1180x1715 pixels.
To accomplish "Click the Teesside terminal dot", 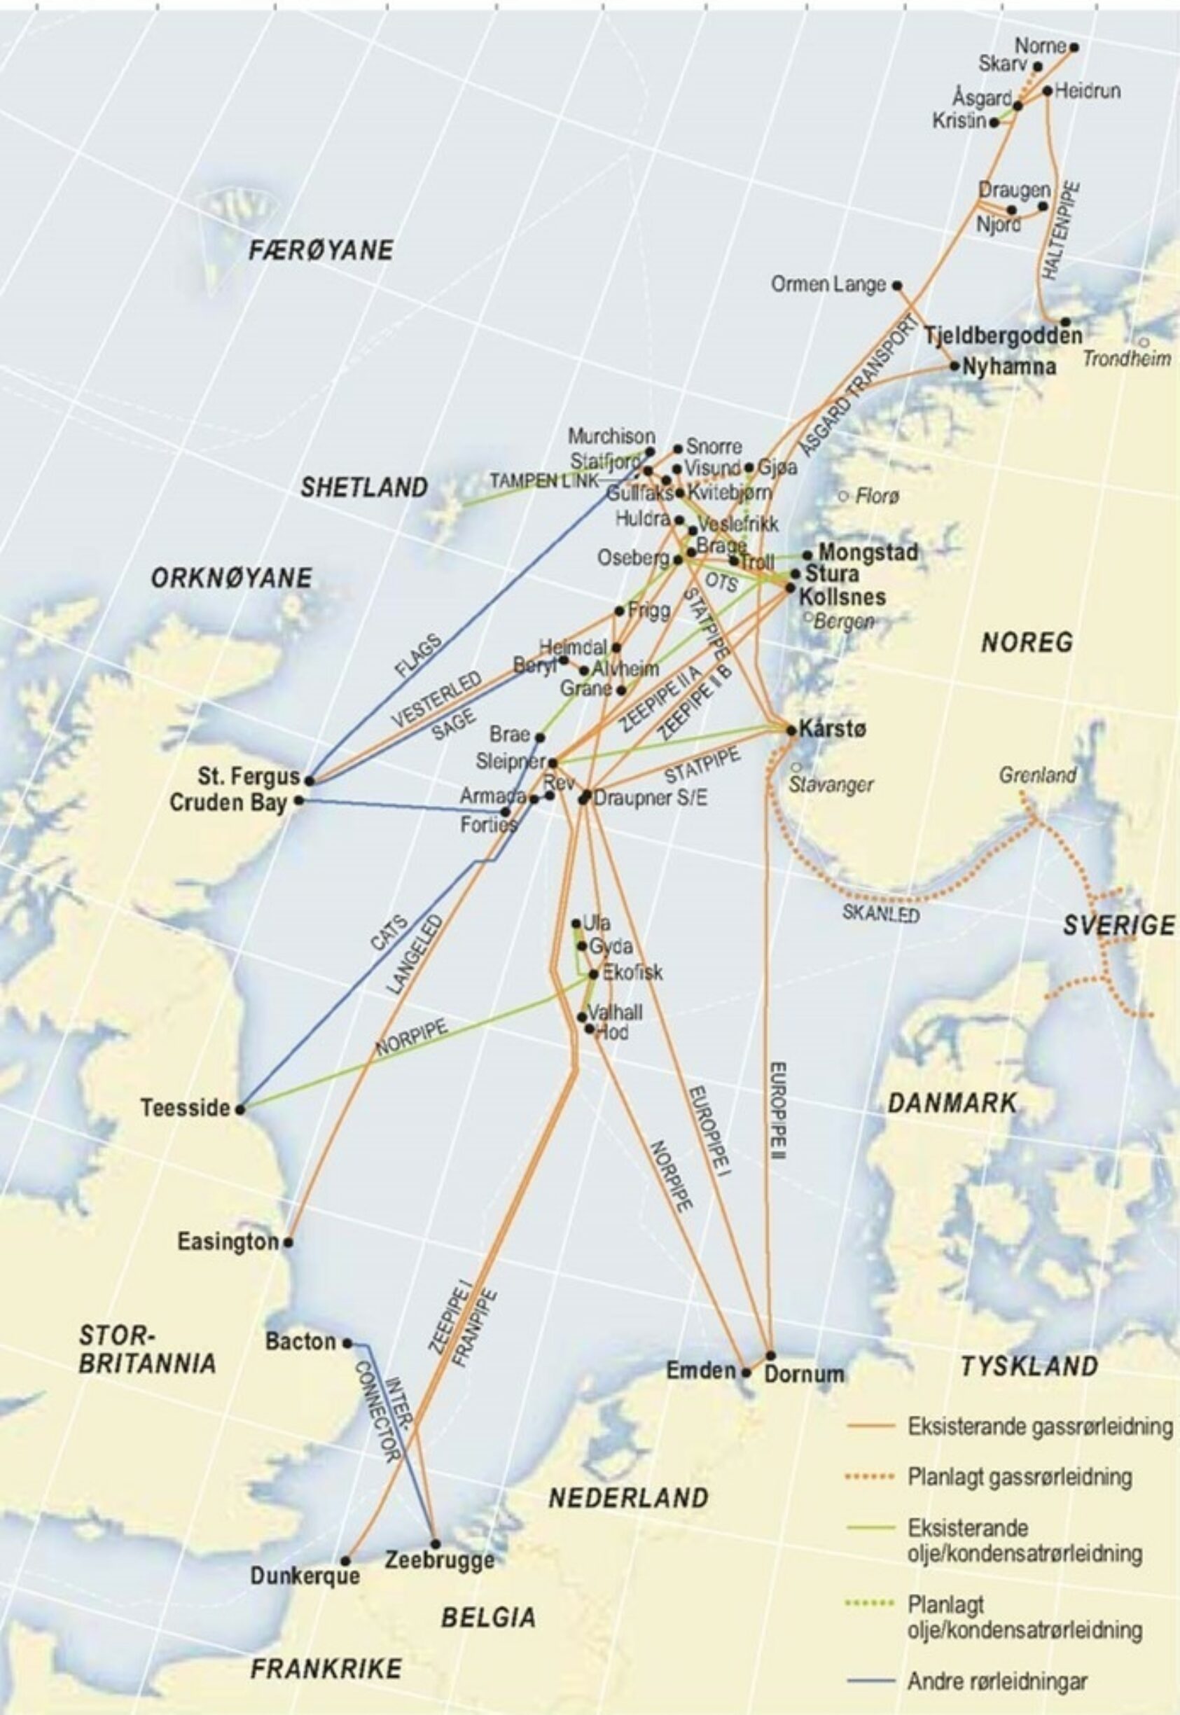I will (240, 1109).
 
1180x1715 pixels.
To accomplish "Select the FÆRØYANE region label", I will (320, 251).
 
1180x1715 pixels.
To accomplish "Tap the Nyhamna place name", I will (1009, 366).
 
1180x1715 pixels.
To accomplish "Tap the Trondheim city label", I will (1127, 359).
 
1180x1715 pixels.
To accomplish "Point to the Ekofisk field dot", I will (593, 974).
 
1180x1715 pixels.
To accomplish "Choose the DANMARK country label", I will (952, 1104).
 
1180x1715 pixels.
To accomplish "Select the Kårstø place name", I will (833, 729).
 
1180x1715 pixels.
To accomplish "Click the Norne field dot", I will (1074, 48).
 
